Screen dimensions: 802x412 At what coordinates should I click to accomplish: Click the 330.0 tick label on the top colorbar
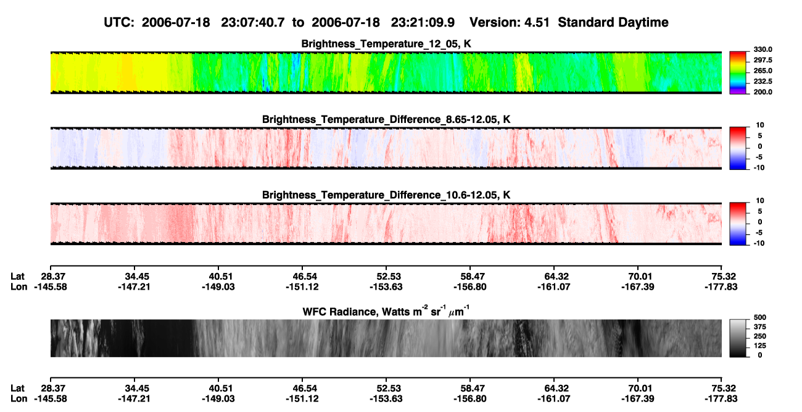point(763,49)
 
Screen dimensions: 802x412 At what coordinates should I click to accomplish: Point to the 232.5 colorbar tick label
point(763,82)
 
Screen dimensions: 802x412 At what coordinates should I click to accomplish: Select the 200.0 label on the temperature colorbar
point(763,92)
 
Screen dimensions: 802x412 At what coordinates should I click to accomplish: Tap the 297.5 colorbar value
point(763,61)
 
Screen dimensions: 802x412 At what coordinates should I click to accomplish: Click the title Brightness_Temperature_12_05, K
point(386,44)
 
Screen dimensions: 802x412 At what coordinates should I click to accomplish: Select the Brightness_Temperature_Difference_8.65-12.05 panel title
point(386,119)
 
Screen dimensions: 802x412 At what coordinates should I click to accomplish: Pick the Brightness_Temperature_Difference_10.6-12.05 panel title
point(386,195)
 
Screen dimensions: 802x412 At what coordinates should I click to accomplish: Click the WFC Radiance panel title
point(386,311)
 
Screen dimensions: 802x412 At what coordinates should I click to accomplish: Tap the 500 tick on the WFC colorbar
point(760,317)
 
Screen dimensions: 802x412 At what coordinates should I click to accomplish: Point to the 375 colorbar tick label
point(760,327)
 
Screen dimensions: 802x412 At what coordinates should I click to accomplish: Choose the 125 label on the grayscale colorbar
point(760,346)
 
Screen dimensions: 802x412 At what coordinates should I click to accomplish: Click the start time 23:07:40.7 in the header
point(253,22)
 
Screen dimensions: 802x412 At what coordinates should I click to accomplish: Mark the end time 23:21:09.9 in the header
point(423,22)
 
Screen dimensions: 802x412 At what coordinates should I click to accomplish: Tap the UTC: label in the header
point(119,22)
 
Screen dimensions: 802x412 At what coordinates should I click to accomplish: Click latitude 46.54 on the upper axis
point(302,277)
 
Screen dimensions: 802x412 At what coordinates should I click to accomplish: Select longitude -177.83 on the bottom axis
point(721,399)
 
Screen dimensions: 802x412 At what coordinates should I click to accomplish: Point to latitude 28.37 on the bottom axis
point(51,389)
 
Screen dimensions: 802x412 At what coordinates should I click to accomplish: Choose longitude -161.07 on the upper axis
point(553,287)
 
